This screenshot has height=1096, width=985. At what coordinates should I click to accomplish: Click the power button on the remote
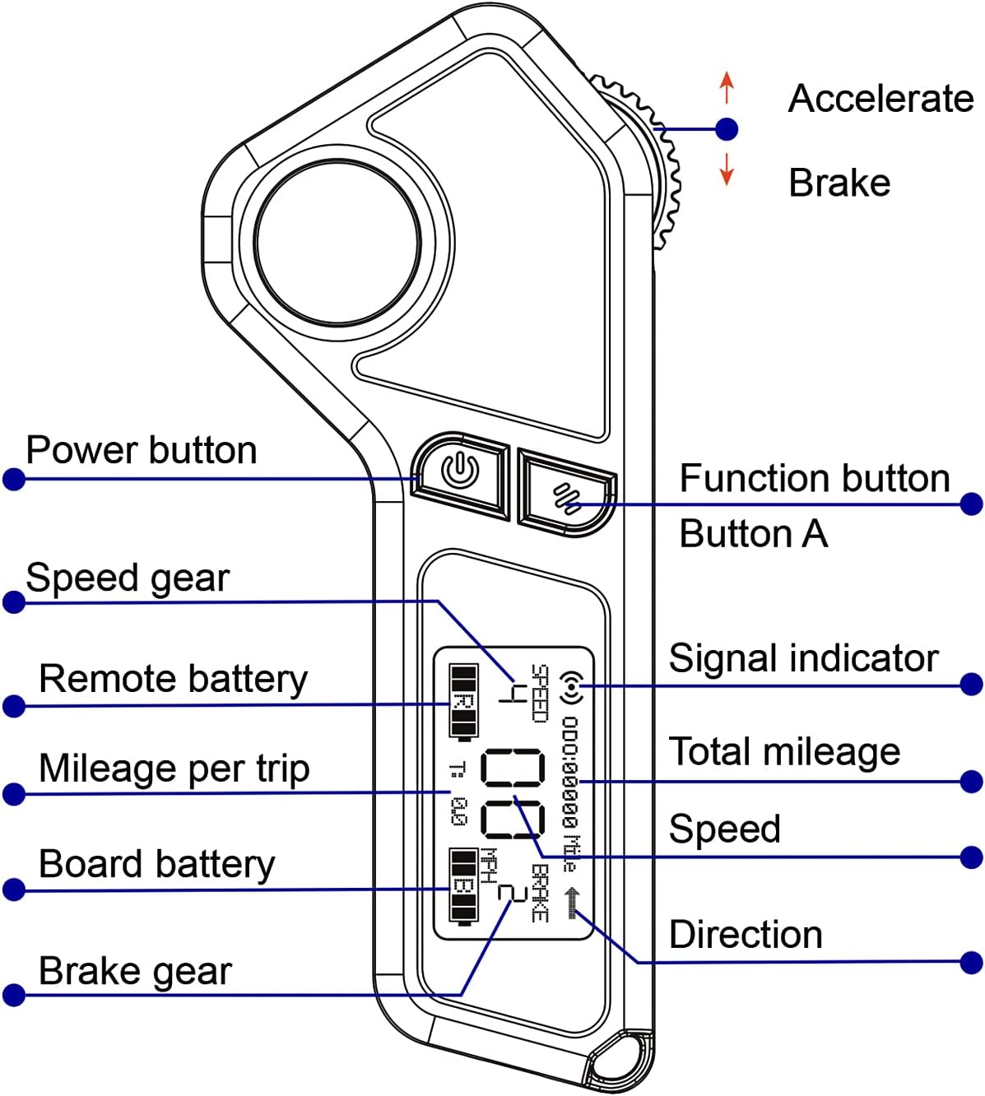click(x=459, y=473)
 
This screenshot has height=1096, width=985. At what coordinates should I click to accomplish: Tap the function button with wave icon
click(x=566, y=496)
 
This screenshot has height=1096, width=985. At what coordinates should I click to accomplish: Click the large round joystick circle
click(x=337, y=244)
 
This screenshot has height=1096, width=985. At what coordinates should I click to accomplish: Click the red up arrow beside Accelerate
click(x=726, y=87)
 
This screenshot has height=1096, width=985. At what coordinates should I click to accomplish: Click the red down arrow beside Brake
click(x=726, y=168)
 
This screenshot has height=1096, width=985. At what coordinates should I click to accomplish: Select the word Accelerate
click(x=880, y=99)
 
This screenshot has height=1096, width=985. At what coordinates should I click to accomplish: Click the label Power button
click(x=142, y=450)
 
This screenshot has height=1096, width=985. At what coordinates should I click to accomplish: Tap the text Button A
click(x=753, y=534)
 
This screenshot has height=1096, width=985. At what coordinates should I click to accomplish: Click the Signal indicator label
click(x=803, y=658)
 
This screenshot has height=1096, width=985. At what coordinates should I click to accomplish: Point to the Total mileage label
click(x=784, y=751)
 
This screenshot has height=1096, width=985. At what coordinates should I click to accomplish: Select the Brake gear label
click(x=135, y=971)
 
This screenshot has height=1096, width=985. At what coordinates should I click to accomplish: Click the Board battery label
click(x=156, y=864)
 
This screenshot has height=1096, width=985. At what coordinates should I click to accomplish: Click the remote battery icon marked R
click(x=463, y=701)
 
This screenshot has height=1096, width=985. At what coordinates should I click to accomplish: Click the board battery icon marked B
click(x=463, y=886)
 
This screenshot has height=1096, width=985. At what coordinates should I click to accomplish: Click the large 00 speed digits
click(x=512, y=793)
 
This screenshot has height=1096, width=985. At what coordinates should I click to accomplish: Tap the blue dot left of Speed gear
click(x=14, y=602)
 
